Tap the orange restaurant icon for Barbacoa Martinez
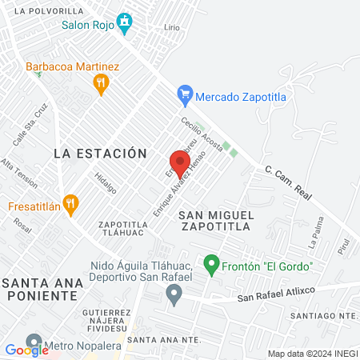click(101, 83)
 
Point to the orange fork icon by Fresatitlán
click(71, 204)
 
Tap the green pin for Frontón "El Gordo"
click(211, 263)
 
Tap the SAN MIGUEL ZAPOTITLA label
click(216, 221)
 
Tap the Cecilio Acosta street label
click(201, 133)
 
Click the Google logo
click(26, 350)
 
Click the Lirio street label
click(171, 26)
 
